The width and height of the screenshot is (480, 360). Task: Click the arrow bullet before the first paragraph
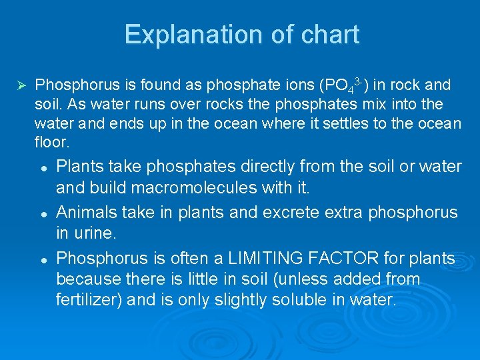[x=20, y=85]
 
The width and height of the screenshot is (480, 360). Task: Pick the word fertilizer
[x=87, y=300]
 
